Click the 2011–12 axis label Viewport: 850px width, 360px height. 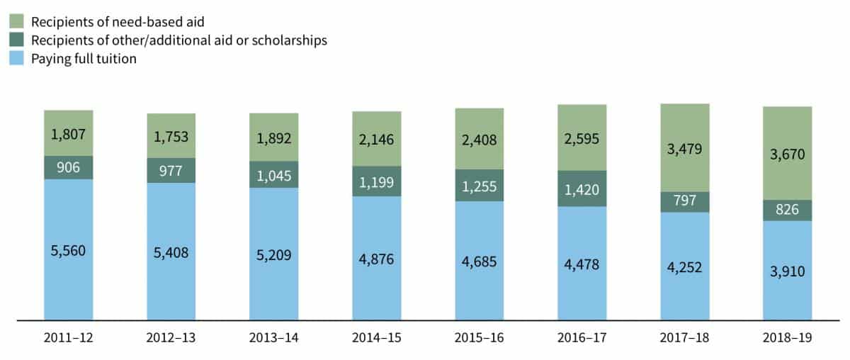pyautogui.click(x=69, y=339)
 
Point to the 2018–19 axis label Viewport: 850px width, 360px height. pyautogui.click(x=787, y=339)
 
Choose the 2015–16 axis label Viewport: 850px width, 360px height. pyautogui.click(x=479, y=339)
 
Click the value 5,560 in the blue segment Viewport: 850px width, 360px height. pyautogui.click(x=69, y=250)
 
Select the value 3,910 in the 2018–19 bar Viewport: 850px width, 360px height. pyautogui.click(x=787, y=271)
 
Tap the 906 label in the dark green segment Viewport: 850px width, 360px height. pyautogui.click(x=69, y=168)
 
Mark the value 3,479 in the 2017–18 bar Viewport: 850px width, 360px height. pyautogui.click(x=684, y=148)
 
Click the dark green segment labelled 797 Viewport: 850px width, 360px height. pyautogui.click(x=684, y=202)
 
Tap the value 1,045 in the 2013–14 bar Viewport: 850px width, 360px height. pyautogui.click(x=273, y=174)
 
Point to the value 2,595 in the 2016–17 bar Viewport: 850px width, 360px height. pyautogui.click(x=582, y=138)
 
